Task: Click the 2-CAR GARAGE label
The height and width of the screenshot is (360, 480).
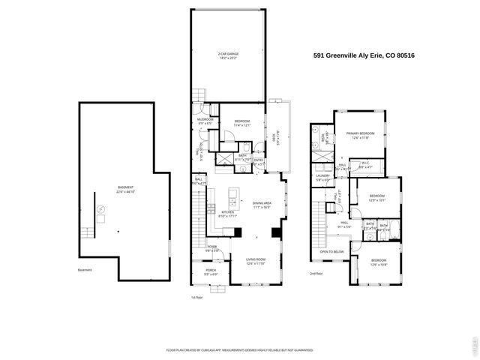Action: click(x=227, y=55)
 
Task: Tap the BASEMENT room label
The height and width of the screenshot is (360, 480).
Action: click(x=125, y=188)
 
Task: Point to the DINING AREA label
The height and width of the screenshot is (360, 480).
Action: click(x=262, y=203)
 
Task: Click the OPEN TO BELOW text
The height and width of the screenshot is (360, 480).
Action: click(x=331, y=252)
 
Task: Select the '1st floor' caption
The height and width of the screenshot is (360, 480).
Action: click(x=197, y=297)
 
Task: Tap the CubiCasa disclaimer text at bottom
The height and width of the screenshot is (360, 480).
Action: click(x=238, y=350)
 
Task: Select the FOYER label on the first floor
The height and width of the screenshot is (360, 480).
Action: click(x=212, y=248)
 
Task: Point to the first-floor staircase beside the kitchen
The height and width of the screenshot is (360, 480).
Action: click(x=198, y=213)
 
